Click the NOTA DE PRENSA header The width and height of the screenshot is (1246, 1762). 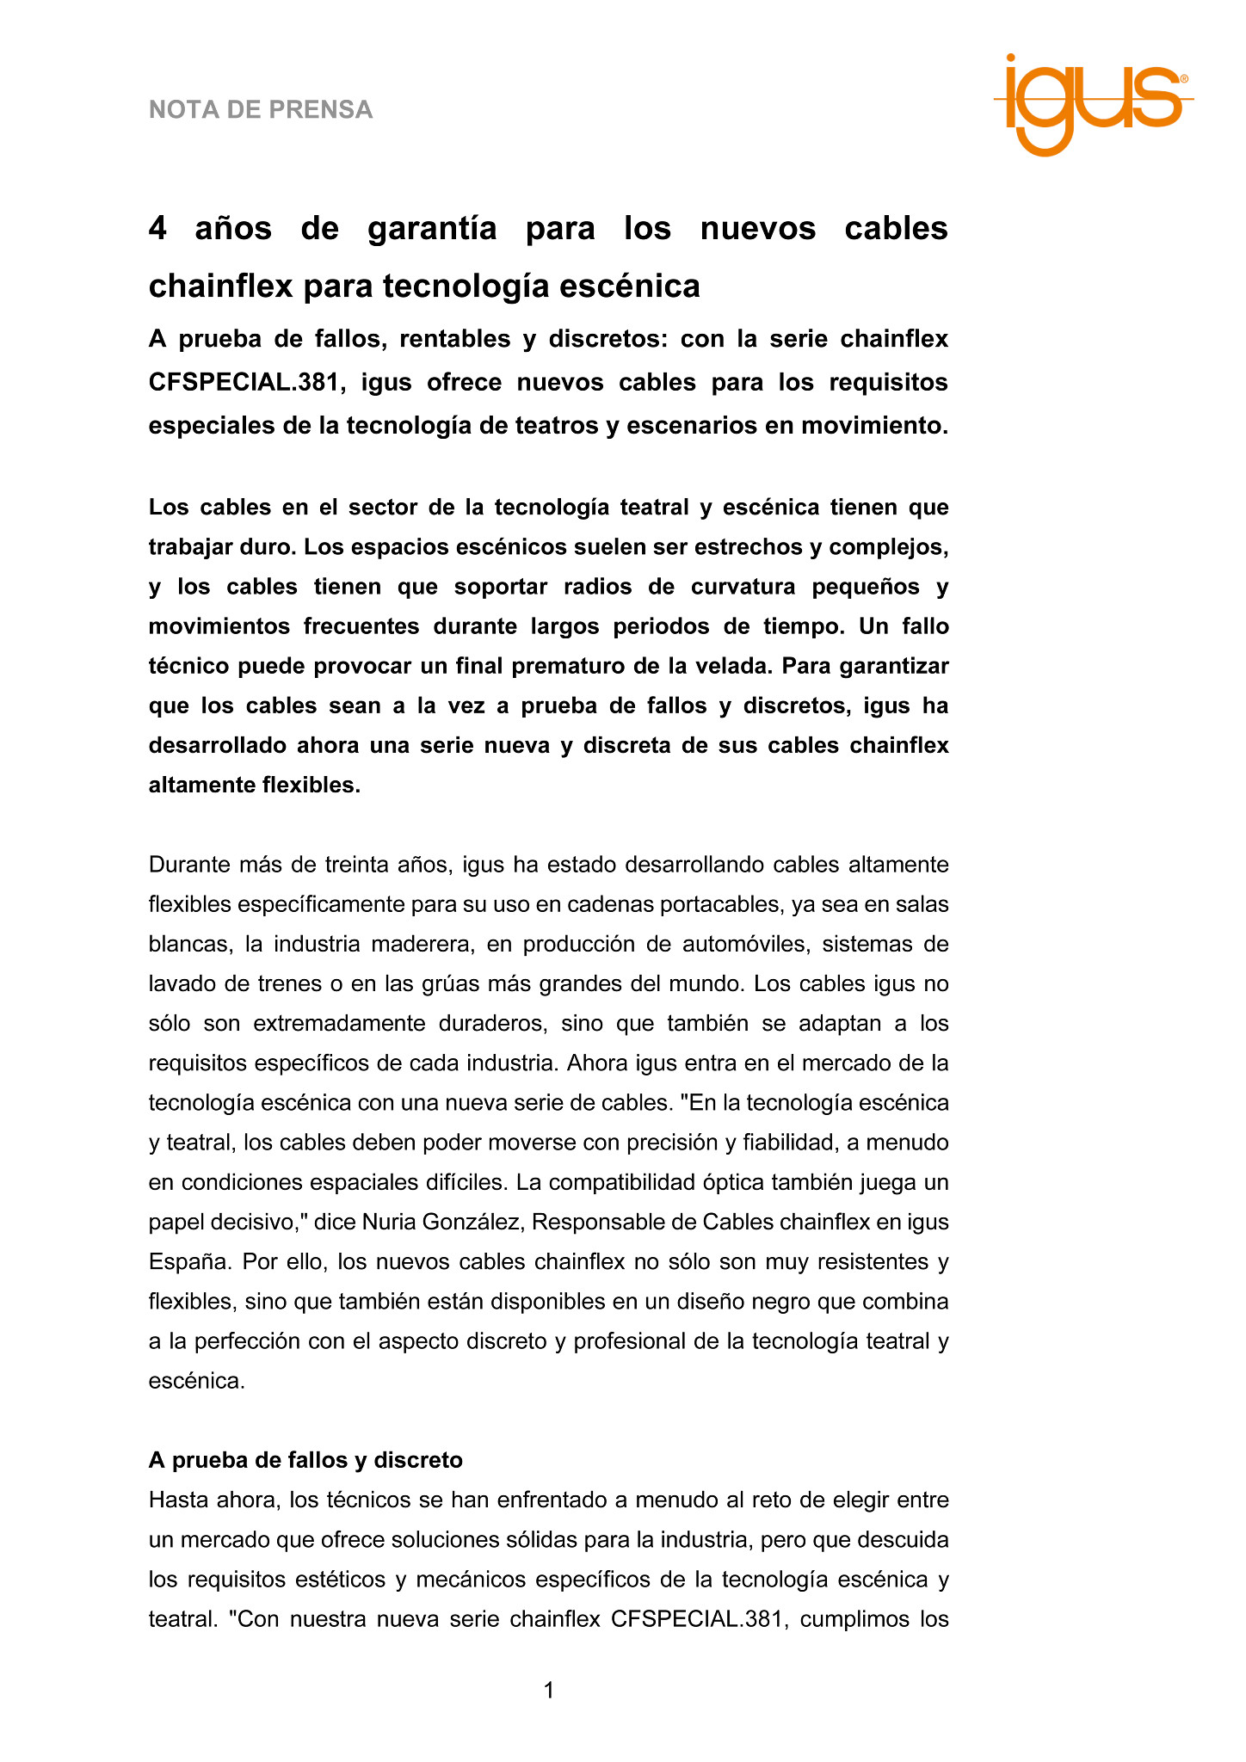coord(261,110)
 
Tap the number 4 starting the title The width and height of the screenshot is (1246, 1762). coord(157,229)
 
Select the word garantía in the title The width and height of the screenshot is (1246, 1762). coord(432,229)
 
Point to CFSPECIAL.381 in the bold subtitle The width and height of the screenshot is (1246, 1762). coord(241,382)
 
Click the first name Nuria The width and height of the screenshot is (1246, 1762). coord(392,1222)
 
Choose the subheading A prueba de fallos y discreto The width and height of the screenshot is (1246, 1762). coord(305,1460)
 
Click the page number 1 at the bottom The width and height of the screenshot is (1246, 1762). coord(549,1691)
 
